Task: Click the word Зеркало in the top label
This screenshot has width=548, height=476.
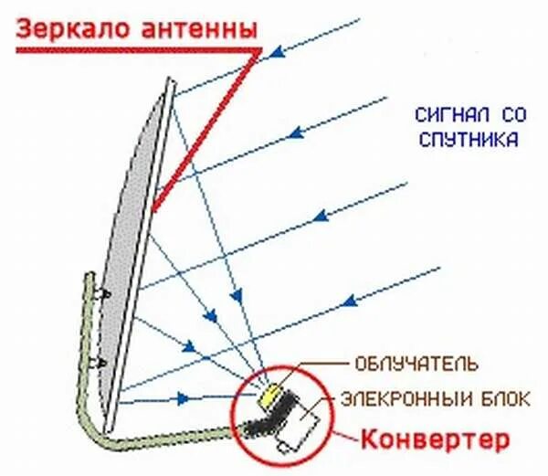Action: tap(75, 28)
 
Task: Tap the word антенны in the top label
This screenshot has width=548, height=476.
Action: tap(195, 28)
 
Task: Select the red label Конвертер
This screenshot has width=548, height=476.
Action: tap(433, 439)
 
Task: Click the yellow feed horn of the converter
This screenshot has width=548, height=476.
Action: tap(268, 395)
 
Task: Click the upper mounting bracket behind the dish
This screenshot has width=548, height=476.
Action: tap(104, 294)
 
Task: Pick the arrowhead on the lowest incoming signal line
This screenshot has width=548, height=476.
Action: tap(349, 299)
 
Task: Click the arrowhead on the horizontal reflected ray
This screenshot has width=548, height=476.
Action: tap(184, 398)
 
